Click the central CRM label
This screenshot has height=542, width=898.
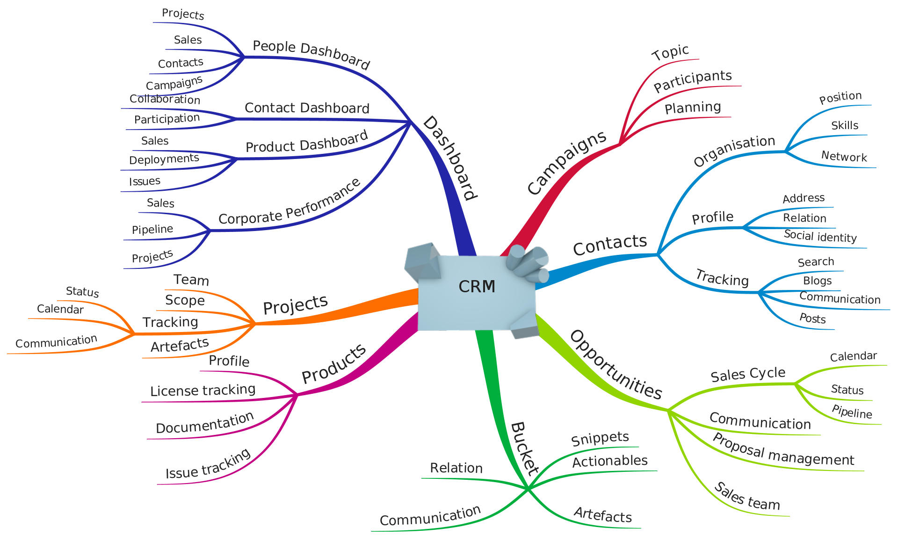coord(477,286)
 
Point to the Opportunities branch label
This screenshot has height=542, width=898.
coord(616,365)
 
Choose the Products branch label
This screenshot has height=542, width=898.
coord(333,363)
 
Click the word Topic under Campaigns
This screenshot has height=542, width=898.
coord(670,52)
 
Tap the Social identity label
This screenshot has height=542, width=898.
coord(820,236)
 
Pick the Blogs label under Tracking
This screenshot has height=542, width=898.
coord(817,281)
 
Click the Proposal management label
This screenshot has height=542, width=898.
coord(783,450)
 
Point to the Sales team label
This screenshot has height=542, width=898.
coord(747,497)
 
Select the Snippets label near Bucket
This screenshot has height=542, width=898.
coord(600,438)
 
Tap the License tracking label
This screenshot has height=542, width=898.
coord(203,390)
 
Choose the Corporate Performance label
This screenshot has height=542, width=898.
coord(290,202)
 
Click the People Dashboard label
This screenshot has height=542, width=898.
coord(311,54)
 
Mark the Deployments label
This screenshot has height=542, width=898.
coord(164,159)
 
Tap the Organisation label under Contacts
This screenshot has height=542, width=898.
coord(734,150)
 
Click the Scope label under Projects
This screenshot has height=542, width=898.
coord(185,300)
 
